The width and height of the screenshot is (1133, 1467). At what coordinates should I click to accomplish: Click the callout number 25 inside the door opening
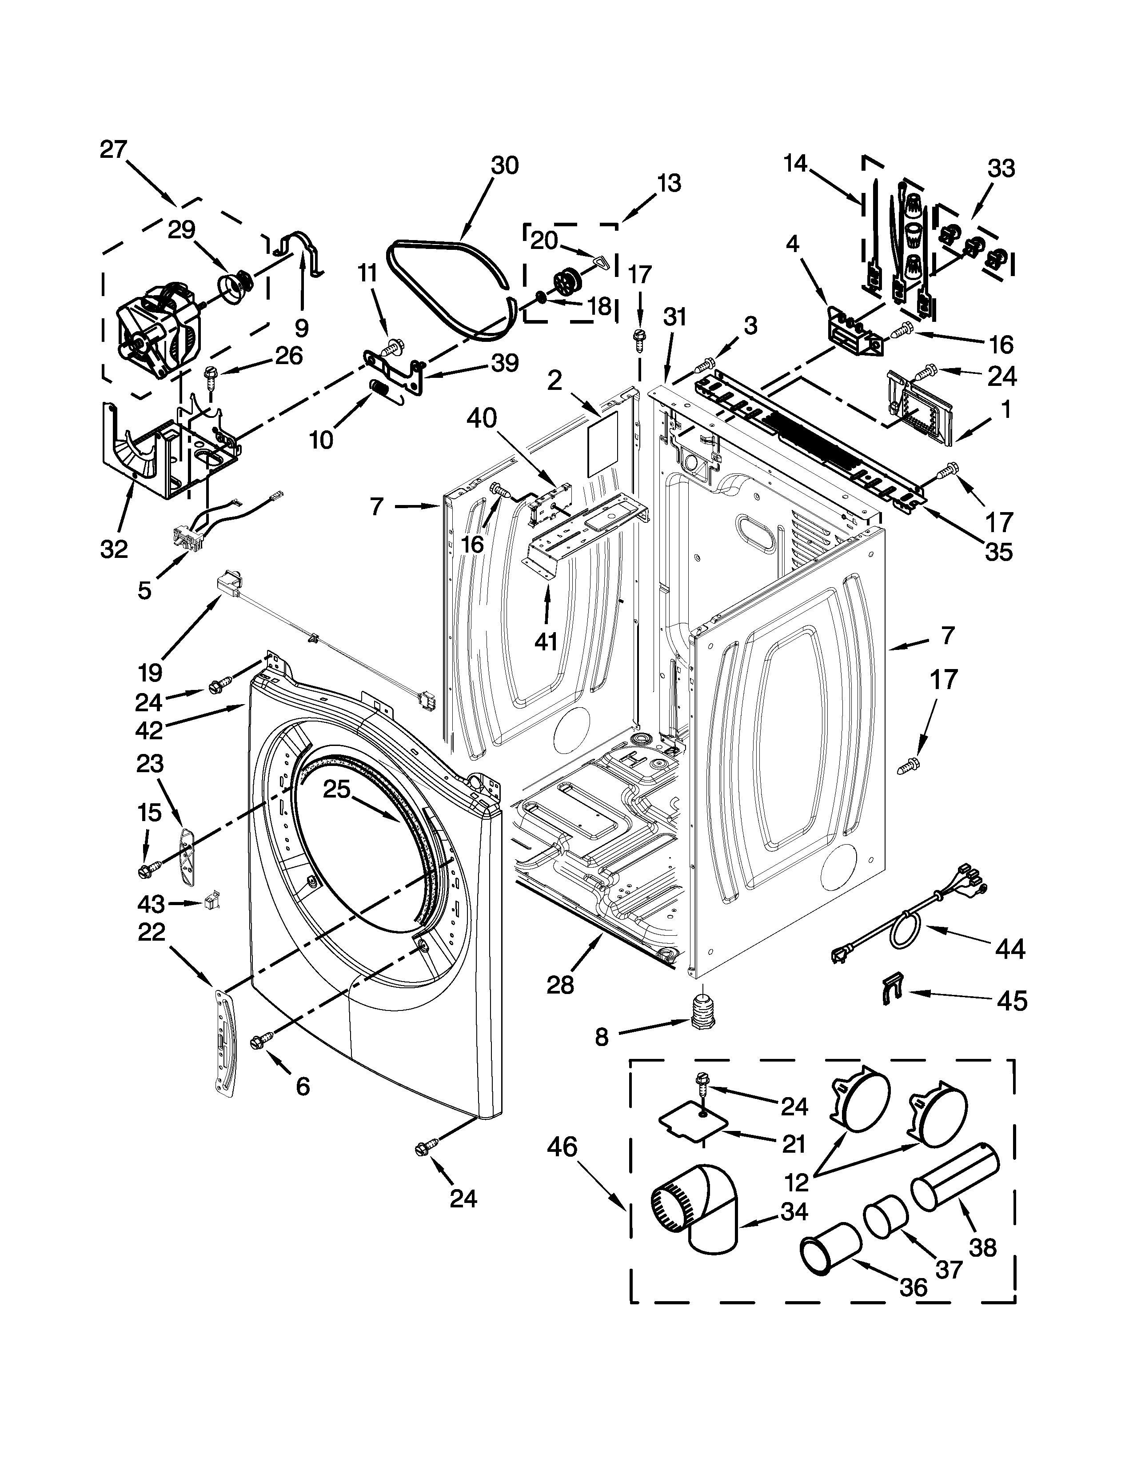click(336, 789)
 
